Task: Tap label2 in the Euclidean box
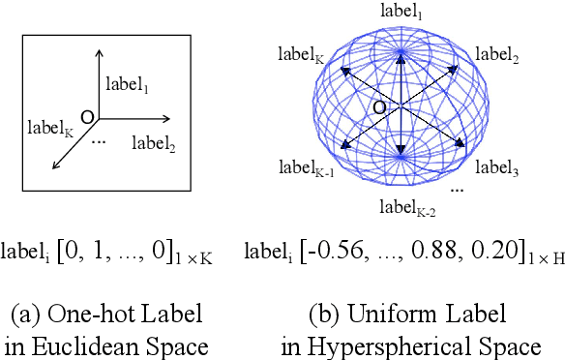tap(154, 144)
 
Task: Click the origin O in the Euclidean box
tap(85, 116)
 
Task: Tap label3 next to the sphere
tap(500, 167)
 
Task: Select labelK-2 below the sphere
tap(404, 205)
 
